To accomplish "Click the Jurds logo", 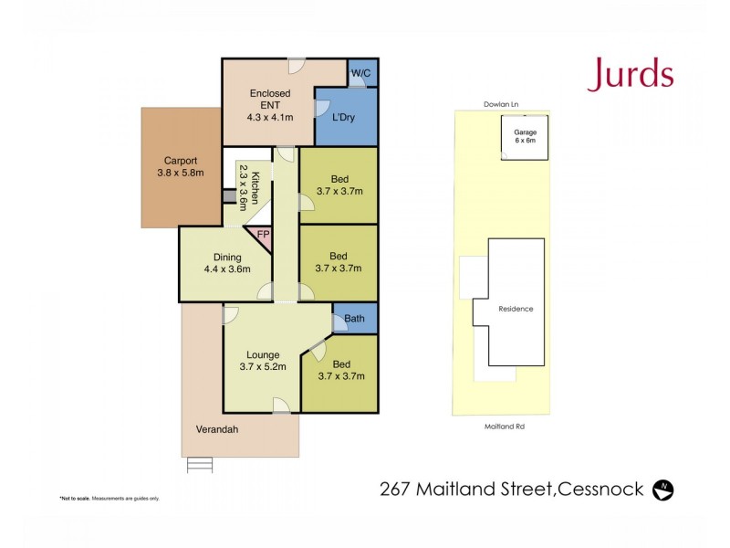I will (631, 74).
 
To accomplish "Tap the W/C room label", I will (361, 74).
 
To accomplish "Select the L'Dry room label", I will (343, 118).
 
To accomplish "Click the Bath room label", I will (355, 320).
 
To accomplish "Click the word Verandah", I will (216, 429).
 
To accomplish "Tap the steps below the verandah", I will (200, 464).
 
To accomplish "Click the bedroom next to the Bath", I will (340, 370).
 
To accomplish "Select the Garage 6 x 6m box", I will (525, 138).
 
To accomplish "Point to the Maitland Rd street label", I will (504, 426).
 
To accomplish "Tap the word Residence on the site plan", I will (516, 309).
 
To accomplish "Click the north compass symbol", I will (663, 490).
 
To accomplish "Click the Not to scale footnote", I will (109, 498).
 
